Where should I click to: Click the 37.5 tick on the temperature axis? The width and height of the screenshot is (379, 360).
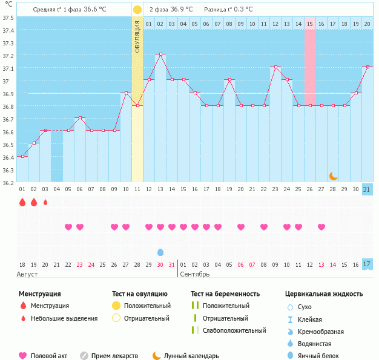[x=8, y=18]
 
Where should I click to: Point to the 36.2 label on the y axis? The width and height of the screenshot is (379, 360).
[x=8, y=183]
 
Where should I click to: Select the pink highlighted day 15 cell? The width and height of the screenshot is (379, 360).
[x=310, y=24]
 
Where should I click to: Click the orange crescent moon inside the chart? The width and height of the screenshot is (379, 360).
[x=333, y=175]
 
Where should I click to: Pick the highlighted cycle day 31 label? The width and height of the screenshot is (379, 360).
[x=367, y=189]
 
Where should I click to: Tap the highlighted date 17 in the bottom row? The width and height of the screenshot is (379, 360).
[x=367, y=264]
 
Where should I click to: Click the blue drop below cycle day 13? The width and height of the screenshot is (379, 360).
[x=160, y=252]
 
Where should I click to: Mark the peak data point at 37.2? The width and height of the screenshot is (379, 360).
[x=160, y=54]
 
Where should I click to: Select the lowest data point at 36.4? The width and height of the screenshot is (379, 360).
[x=22, y=156]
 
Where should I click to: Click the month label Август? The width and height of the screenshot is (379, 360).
[x=28, y=274]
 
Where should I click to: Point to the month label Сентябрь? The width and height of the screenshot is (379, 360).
[x=194, y=274]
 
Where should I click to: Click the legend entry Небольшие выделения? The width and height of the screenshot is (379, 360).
[x=64, y=318]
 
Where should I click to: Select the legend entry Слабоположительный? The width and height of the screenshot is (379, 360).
[x=234, y=330]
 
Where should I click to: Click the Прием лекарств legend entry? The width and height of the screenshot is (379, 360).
[x=114, y=356]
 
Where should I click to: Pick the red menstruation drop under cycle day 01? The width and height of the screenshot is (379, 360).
[x=22, y=202]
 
